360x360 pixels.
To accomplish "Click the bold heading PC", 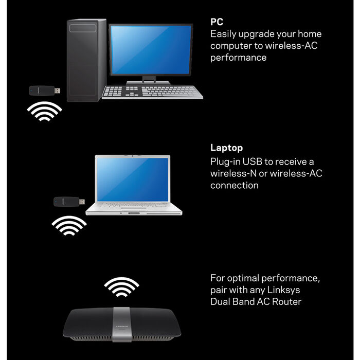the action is click(x=217, y=22).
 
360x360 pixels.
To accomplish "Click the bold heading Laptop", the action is click(x=226, y=148).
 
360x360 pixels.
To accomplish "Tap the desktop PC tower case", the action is click(x=86, y=60).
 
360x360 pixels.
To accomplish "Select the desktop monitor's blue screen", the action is click(x=151, y=50).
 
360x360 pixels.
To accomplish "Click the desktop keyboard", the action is click(x=152, y=92).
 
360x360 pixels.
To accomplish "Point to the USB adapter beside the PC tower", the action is click(x=45, y=91).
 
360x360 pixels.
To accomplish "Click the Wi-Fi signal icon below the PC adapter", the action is click(x=45, y=112).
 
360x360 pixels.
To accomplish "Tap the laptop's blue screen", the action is click(x=133, y=179).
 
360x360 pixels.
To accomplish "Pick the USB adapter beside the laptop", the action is click(x=69, y=202).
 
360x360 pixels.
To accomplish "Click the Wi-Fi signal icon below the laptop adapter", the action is click(x=69, y=225).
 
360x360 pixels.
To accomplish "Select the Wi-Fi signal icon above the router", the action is click(x=122, y=287).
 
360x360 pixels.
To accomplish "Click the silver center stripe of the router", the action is click(x=122, y=325).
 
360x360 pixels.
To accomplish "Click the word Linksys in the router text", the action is click(x=283, y=290).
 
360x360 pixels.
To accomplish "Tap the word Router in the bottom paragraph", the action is click(x=286, y=302).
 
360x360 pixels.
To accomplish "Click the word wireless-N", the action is click(x=233, y=173).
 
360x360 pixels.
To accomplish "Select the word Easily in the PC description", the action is click(x=223, y=34).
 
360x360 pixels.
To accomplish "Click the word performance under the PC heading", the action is click(x=238, y=58).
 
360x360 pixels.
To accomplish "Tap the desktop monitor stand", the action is click(x=149, y=80).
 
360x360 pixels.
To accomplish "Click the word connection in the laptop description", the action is click(x=235, y=186).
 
